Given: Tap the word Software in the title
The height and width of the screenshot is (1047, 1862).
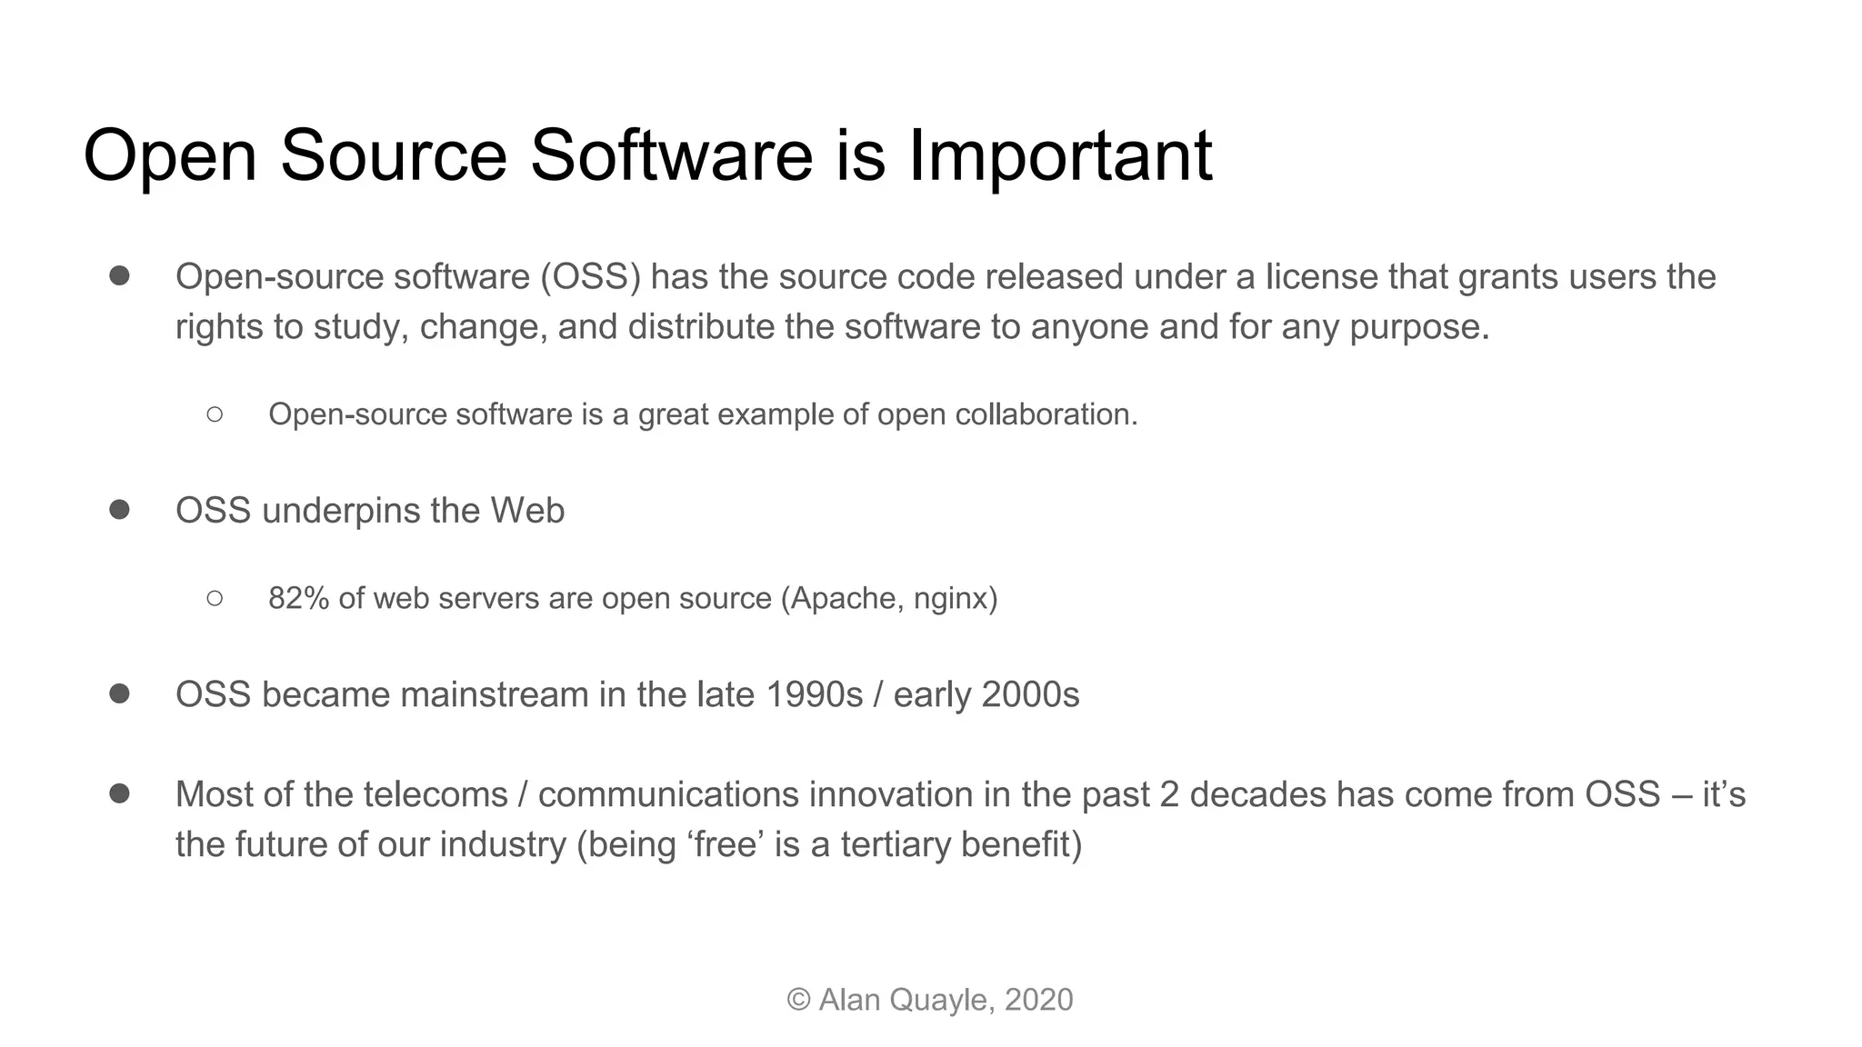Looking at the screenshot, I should pos(671,156).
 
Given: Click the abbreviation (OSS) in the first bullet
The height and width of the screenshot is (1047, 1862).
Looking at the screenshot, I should pos(590,276).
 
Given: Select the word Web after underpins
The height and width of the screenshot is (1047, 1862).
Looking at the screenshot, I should pos(527,511).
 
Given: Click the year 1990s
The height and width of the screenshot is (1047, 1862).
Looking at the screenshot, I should pos(814,695).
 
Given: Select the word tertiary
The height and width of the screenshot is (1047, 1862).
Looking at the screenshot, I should pos(896,845).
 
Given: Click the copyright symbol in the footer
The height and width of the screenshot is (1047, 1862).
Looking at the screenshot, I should pos(798,1000).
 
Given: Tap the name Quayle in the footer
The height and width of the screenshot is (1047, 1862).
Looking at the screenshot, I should pos(941,1000).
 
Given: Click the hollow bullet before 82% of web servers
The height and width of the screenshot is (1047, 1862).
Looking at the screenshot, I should pos(215,598).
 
